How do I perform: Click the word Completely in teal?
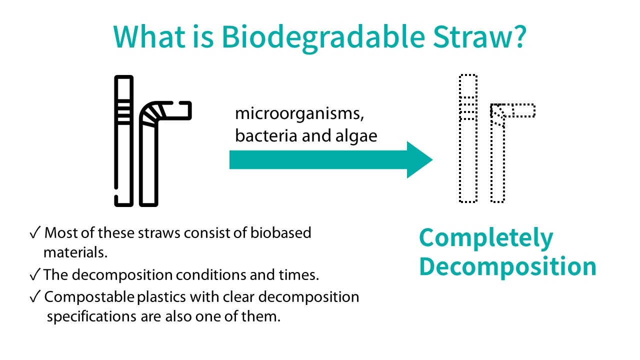pos(486,238)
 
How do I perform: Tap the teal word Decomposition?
pos(507,267)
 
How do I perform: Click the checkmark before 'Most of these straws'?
pos(35,233)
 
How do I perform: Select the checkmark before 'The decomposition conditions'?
pos(35,275)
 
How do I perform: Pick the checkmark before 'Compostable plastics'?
pos(35,297)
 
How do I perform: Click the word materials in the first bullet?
pos(75,252)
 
